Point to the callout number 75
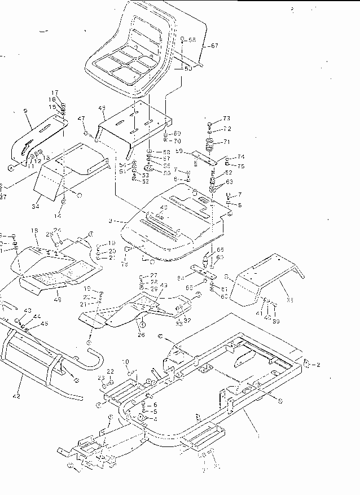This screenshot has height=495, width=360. coord(241,166)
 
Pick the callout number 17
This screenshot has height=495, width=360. coord(55,93)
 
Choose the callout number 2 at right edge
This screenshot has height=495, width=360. coord(318,365)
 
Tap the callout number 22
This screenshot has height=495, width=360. coord(111,371)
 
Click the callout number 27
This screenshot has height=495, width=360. coord(153,275)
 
